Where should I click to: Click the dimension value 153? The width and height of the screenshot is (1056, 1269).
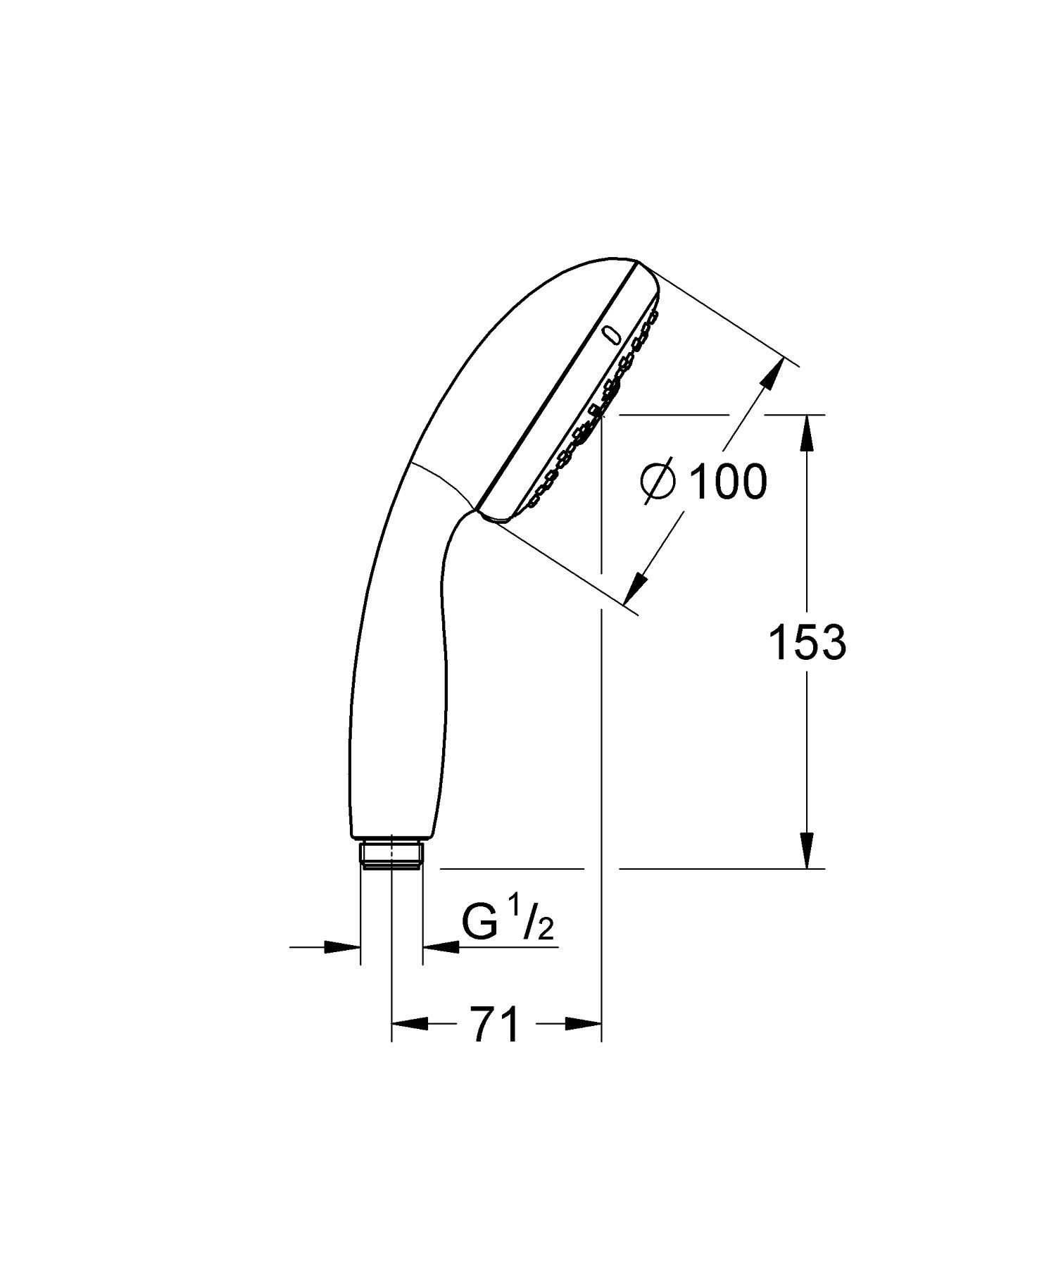click(807, 642)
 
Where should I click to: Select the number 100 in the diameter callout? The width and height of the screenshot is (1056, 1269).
click(727, 482)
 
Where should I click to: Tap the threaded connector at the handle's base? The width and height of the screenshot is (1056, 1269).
click(391, 855)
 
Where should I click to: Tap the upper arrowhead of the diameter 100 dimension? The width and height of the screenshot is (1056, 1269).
click(772, 373)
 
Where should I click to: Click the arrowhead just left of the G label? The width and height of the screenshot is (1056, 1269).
click(441, 947)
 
